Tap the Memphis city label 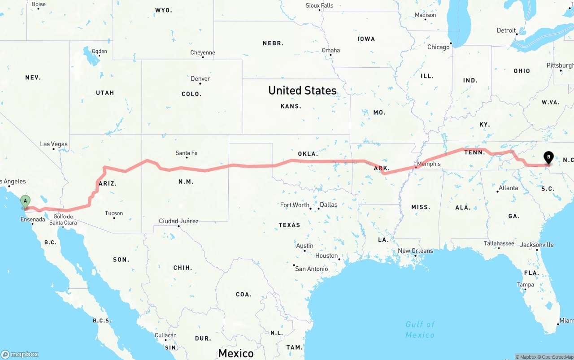pos(429,164)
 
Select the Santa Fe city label pos(187,153)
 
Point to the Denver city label pos(200,78)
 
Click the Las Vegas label pos(54,144)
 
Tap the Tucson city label pos(114,213)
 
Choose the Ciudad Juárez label pos(178,221)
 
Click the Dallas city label pos(329,204)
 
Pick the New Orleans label pos(416,251)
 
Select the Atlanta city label pos(509,188)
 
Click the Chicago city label pos(439,47)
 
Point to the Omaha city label pos(331,50)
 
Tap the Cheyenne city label pos(203,52)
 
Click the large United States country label pos(302,91)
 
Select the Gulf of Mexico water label pos(420,330)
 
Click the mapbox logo pos(20,354)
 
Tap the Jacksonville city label pos(537,245)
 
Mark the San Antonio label pos(312,269)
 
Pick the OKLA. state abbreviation pos(308,154)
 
